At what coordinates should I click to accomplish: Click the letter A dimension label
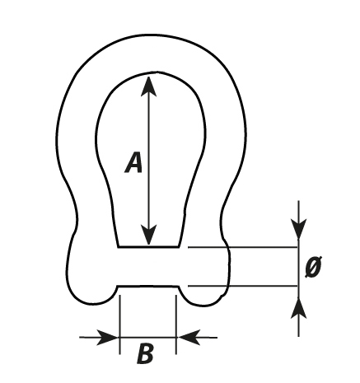pos(133,162)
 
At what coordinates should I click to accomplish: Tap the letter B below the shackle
pos(145,353)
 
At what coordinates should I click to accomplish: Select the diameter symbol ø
pos(314,266)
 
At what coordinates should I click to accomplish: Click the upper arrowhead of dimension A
pos(148,86)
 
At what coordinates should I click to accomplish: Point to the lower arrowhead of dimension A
pos(148,235)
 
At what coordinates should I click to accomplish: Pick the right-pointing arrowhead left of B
pos(108,337)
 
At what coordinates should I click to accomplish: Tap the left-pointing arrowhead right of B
pos(189,337)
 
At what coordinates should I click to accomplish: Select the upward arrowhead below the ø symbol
pos(299,307)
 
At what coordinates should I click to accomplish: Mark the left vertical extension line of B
pos(120,325)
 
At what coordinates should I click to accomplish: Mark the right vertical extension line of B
pos(175,325)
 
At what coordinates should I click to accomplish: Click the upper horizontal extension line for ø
pos(243,247)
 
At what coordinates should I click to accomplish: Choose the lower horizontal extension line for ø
pos(243,286)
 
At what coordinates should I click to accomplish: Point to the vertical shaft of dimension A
pos(148,161)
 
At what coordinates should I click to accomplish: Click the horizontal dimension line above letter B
pos(148,337)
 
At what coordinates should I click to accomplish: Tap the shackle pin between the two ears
pos(148,267)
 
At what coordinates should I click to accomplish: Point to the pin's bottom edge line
pos(148,287)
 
